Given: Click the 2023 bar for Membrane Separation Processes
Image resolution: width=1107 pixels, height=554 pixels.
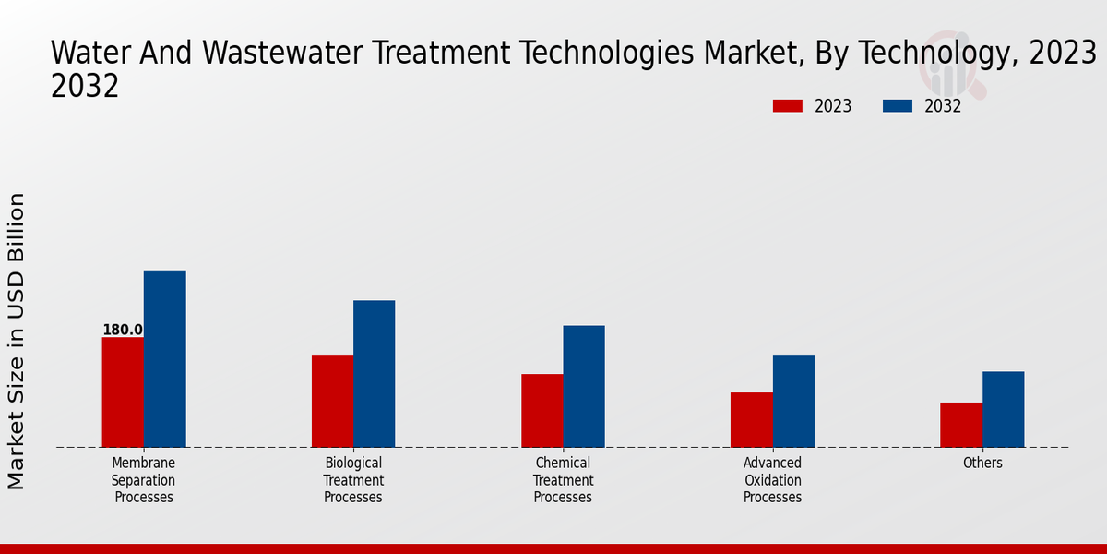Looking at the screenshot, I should point(123,392).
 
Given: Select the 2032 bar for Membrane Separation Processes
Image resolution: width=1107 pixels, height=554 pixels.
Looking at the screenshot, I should point(164,359).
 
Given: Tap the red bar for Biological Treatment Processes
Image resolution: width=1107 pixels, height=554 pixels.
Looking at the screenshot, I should point(332,402).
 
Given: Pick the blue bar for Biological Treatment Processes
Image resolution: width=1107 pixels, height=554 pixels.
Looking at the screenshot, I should point(374,374).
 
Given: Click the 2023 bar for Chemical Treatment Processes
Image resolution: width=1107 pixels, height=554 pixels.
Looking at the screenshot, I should point(542,411).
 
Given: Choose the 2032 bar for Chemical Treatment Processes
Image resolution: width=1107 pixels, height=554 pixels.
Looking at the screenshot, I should point(584,386).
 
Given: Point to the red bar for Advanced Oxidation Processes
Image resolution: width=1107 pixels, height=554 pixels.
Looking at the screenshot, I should point(751,420).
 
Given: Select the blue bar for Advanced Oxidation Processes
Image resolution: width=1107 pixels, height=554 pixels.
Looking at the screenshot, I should point(793,402).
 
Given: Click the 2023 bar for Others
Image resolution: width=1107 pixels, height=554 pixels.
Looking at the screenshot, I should point(961,425).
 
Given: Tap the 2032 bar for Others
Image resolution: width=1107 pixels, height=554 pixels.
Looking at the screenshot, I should point(1003,409).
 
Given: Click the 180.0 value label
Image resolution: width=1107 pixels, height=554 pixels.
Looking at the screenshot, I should point(123,330).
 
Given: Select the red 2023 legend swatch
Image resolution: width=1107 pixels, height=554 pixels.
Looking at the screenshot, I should point(787,106).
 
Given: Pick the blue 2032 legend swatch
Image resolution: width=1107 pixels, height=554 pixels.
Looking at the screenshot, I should point(897,106).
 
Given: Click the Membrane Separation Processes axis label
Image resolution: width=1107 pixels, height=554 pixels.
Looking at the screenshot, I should point(143,480).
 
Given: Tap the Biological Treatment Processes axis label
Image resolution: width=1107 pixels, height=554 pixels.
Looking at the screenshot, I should point(353,480).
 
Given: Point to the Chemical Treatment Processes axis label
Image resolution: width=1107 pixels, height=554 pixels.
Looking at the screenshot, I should point(563,480).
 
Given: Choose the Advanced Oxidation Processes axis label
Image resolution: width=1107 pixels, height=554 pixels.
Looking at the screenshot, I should point(772,480).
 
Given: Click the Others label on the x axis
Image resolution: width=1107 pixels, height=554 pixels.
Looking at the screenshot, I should point(982,464).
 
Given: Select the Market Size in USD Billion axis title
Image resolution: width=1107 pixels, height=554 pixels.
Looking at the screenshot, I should point(17,342).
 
